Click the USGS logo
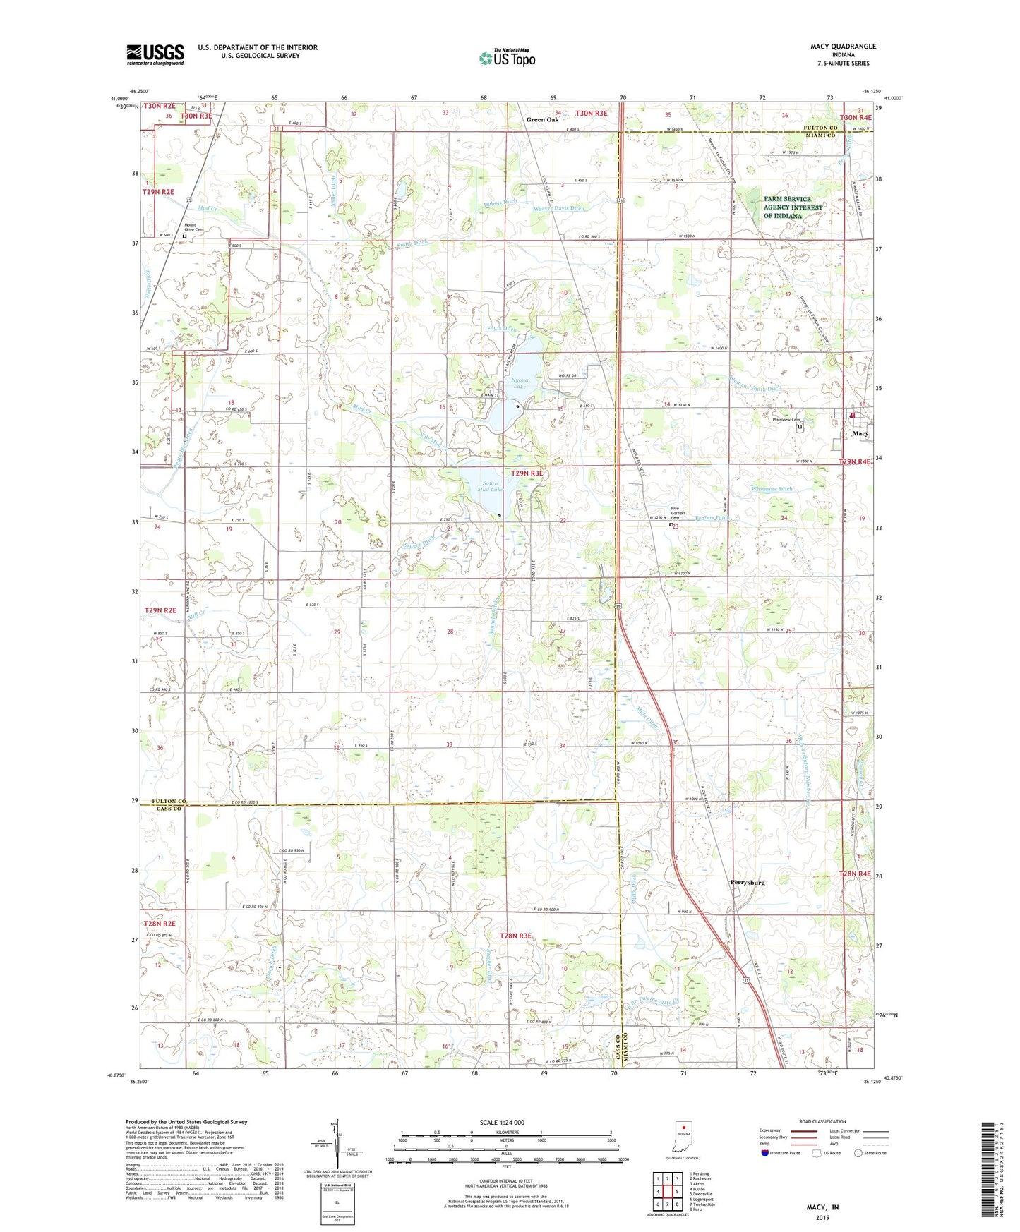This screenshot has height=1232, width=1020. (155, 54)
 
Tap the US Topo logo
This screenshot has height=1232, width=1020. (506, 58)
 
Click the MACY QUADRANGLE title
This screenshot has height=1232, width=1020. (843, 47)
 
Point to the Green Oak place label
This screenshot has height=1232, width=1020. (542, 120)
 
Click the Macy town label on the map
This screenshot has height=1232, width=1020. (860, 433)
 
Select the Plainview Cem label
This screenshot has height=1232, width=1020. (786, 420)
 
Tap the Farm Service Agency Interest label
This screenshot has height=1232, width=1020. (793, 207)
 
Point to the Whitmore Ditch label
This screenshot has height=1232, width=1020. (772, 488)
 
